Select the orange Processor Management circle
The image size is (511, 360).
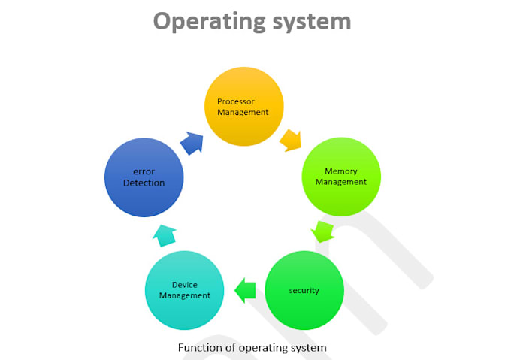244,106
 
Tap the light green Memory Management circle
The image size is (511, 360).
341,177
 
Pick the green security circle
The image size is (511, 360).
304,290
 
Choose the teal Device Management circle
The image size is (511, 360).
185,290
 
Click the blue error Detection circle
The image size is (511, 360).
144,177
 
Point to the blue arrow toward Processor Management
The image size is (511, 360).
192,142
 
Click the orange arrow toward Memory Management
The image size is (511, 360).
290,139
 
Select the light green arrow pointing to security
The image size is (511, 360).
322,230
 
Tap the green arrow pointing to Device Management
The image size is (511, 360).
245,289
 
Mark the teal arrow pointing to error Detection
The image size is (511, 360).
165,235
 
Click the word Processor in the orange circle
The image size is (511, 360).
236,101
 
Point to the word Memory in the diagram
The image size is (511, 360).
340,171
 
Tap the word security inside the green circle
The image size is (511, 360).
304,290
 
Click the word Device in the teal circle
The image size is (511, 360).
184,285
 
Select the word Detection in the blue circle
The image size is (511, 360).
144,183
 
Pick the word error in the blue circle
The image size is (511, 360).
144,171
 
